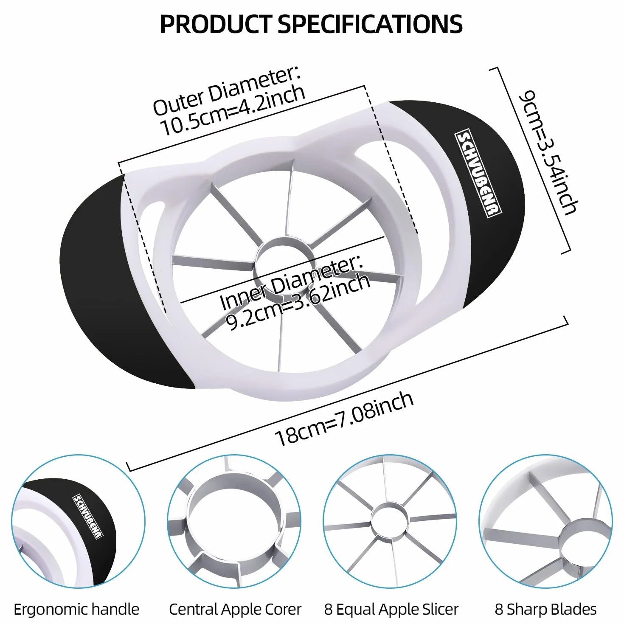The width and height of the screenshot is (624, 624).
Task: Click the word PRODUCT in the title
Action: (216, 24)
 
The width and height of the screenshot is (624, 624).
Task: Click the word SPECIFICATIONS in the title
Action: (370, 24)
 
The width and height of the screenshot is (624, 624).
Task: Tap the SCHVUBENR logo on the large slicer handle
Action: (478, 173)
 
